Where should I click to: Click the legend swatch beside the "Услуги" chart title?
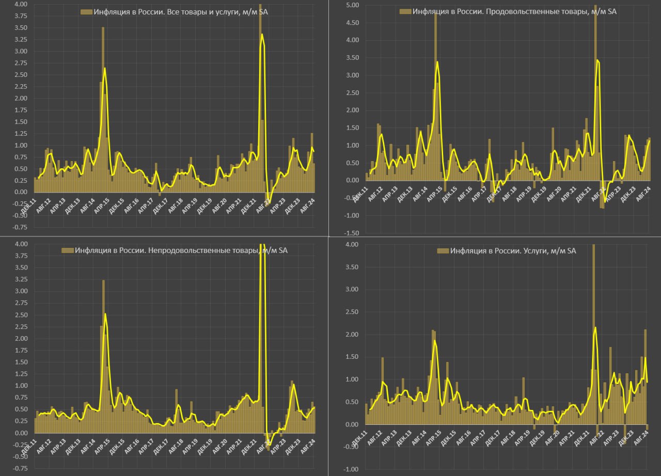pos(443,251)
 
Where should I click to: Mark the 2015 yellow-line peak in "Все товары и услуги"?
pos(105,68)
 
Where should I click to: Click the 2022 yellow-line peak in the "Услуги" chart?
pos(595,327)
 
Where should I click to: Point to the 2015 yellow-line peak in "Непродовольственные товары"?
pos(105,313)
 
